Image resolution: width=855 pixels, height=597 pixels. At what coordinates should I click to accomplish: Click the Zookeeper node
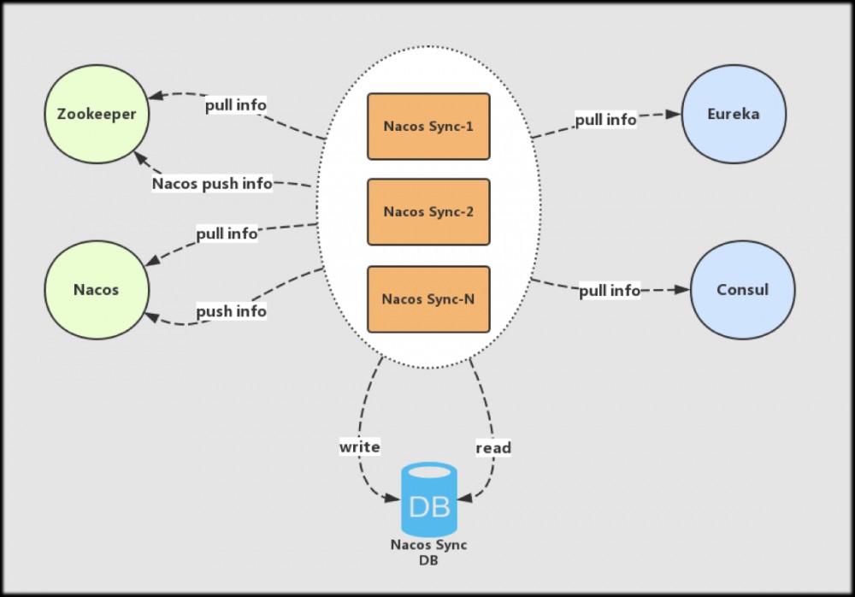point(96,113)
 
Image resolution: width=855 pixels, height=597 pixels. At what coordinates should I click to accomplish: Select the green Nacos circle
point(96,289)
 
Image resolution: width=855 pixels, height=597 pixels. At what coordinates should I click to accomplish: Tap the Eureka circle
point(733,113)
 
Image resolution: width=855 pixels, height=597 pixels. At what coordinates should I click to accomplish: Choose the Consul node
point(742,289)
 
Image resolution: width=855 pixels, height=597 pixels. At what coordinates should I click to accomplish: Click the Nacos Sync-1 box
point(428,127)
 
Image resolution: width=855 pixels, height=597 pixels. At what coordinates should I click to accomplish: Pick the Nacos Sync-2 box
point(428,212)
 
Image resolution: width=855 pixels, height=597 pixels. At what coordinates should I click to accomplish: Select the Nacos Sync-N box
point(428,298)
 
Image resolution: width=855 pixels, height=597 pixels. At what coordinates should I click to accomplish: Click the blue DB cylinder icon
point(428,500)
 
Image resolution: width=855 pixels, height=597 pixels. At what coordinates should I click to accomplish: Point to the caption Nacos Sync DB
point(428,552)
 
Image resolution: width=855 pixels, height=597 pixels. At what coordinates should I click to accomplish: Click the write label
point(359,446)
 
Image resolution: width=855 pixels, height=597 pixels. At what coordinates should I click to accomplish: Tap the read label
point(493,447)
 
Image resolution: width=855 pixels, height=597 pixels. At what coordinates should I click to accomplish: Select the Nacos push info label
point(212,183)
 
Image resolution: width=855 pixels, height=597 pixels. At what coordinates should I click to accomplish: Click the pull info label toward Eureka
point(605,120)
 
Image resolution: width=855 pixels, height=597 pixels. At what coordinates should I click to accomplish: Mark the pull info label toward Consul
point(610,291)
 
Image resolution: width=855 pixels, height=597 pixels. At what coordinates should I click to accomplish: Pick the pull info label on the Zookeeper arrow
point(235,104)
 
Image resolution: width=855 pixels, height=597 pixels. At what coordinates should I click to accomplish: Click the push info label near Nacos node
point(231,311)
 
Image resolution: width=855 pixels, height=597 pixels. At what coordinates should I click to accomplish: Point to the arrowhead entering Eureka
point(675,114)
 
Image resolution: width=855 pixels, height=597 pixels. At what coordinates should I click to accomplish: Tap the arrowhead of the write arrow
point(395,498)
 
